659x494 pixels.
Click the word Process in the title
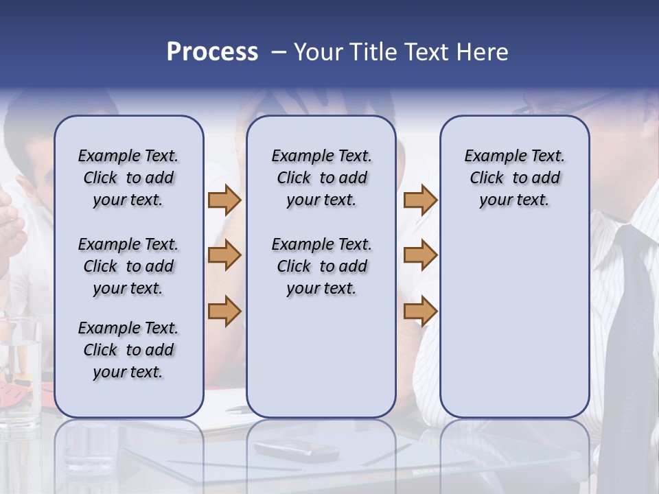point(212,52)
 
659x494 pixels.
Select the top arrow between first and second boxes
point(224,200)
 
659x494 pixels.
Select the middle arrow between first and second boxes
point(224,255)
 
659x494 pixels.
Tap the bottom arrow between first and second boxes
point(224,311)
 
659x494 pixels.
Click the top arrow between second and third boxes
point(420,200)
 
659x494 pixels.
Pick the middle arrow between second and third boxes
point(420,255)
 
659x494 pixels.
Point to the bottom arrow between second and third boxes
point(420,311)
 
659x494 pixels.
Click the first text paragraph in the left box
point(128,178)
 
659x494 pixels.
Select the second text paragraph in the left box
point(128,266)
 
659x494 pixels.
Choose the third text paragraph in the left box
point(128,350)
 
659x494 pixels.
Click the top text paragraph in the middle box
point(321,178)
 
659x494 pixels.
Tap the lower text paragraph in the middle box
point(321,266)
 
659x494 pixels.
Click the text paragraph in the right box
point(514,178)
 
